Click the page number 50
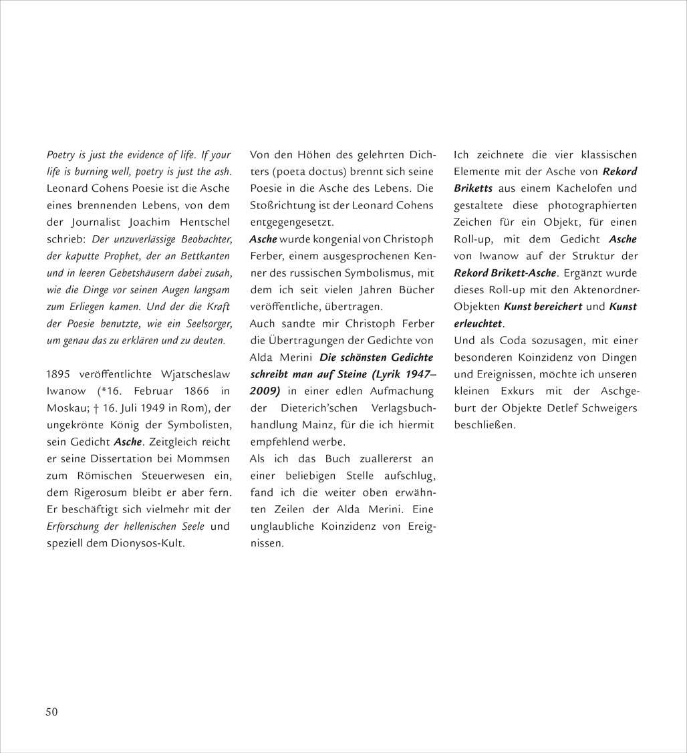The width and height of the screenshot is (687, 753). click(51, 712)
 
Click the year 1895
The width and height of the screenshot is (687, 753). click(59, 374)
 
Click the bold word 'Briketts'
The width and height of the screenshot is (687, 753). click(473, 188)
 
